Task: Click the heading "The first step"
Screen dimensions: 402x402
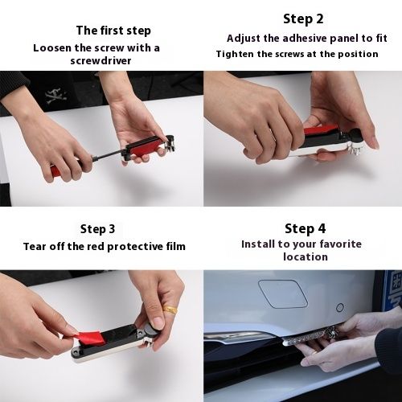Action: tap(113, 31)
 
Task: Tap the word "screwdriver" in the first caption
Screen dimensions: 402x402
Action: tap(100, 61)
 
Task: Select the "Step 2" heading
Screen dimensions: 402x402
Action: tap(303, 19)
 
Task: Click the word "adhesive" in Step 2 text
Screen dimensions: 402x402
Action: tap(305, 39)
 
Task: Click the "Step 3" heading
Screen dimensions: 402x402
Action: tap(97, 229)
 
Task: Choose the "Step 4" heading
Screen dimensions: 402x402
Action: tap(306, 228)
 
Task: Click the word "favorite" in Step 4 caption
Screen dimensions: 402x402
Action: tap(341, 244)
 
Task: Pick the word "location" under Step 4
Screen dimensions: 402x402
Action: tap(306, 257)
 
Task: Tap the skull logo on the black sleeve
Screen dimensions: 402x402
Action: tap(55, 96)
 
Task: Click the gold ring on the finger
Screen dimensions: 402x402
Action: tap(170, 310)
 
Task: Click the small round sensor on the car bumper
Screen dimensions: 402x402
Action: tap(340, 307)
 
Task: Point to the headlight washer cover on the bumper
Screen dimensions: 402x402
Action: tap(283, 293)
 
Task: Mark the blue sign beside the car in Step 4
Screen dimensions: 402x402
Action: tap(392, 291)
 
